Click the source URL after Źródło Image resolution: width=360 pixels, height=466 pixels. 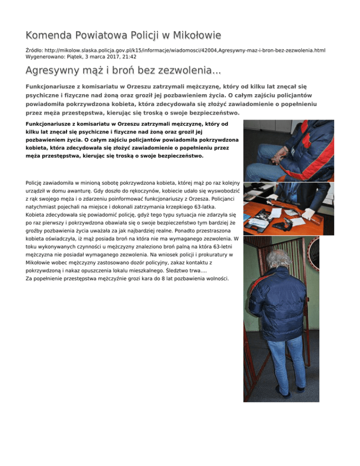click(x=176, y=49)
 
